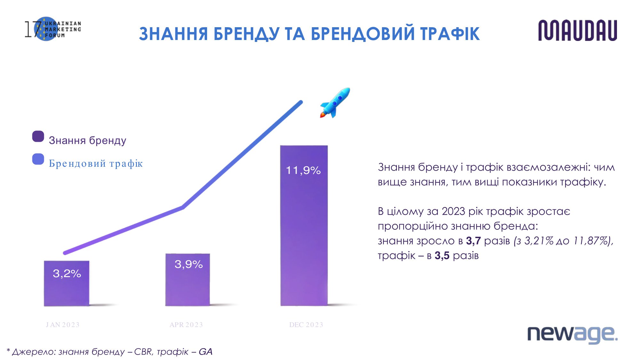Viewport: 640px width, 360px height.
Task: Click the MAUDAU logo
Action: tap(578, 30)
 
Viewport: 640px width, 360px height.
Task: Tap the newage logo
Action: tap(572, 334)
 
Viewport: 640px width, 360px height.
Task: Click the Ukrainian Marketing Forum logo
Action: tap(53, 29)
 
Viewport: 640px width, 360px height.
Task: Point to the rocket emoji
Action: tap(335, 103)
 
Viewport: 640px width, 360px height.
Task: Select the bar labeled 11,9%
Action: tap(304, 226)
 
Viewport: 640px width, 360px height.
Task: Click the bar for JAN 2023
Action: tap(67, 284)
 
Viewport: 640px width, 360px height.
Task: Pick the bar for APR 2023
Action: tap(188, 280)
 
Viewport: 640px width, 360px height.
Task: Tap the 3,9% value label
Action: tap(188, 264)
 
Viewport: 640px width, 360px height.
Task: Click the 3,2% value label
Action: tap(67, 274)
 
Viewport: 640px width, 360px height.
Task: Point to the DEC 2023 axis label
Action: tap(306, 325)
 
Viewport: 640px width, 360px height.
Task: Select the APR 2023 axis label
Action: tap(186, 325)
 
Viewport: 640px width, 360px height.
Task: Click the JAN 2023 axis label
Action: tap(63, 325)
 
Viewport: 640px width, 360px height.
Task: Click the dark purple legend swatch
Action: tap(38, 136)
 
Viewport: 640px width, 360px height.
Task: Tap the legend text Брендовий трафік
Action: tap(96, 164)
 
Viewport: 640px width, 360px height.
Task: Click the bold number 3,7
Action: tap(473, 241)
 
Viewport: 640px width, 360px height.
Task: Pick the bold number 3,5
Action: tap(442, 256)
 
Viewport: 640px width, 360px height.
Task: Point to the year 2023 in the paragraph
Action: tap(453, 212)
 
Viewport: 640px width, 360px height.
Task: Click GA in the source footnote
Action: tap(205, 352)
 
